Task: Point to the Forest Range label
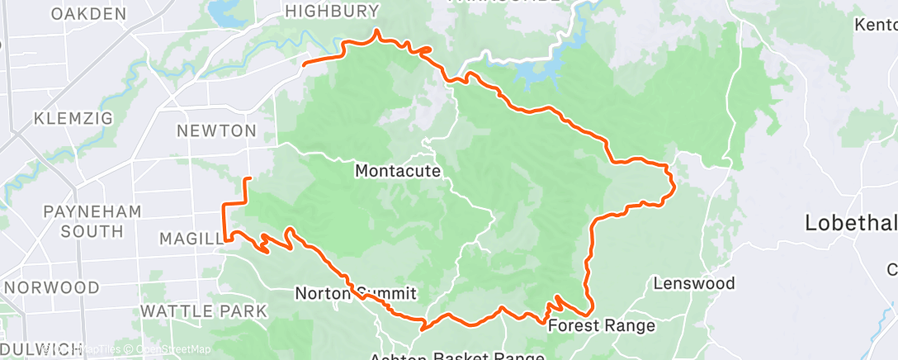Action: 603,325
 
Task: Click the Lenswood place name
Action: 694,283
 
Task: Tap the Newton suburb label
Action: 215,130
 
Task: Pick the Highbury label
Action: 332,11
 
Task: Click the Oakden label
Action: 88,13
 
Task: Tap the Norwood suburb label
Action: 52,287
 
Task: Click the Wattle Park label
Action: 204,310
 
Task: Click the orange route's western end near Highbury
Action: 305,63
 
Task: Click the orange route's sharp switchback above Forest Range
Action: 558,296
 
